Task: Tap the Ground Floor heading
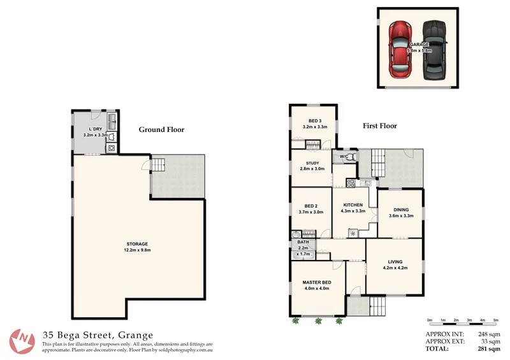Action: pos(161,129)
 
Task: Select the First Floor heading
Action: pos(380,126)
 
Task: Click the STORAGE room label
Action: pos(137,244)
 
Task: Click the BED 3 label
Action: pos(314,121)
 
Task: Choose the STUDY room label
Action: pos(312,163)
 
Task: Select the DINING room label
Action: pos(401,210)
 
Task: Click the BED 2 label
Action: pos(311,206)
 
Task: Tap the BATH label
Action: pos(303,242)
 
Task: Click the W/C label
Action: pos(343,156)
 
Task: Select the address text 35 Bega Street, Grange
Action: pos(98,334)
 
